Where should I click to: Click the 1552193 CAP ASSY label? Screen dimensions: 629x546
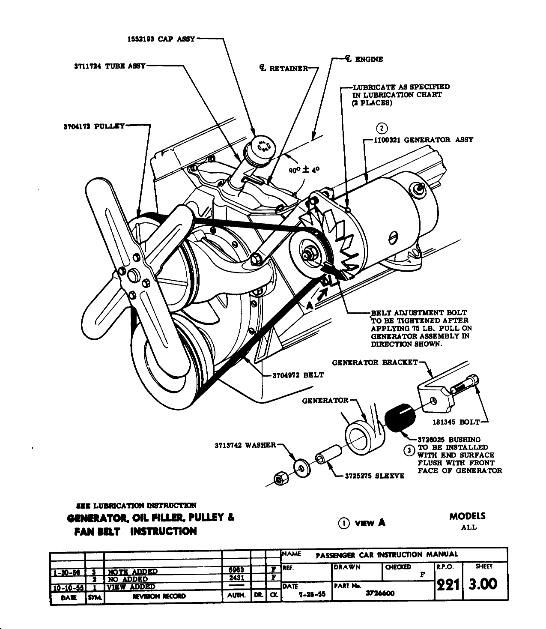click(161, 39)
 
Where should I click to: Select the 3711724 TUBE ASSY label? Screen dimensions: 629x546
click(110, 66)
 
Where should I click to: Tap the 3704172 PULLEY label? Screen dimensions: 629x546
click(93, 126)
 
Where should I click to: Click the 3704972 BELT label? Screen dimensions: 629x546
click(298, 375)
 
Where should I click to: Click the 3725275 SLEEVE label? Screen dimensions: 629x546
click(375, 476)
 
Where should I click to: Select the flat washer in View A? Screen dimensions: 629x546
click(302, 468)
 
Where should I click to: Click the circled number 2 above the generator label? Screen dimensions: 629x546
click(382, 129)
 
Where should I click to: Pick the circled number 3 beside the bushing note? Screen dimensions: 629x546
click(409, 451)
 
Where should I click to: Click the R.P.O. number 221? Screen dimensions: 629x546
click(447, 584)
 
